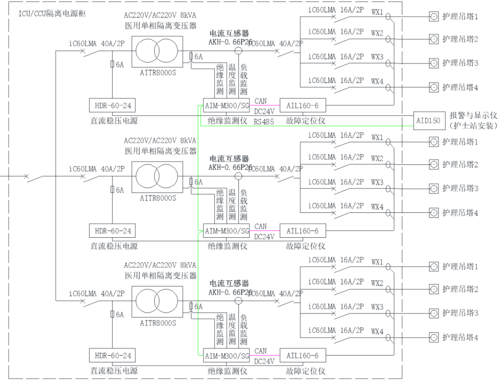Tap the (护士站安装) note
[x=473, y=125]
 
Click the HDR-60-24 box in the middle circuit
[x=113, y=230]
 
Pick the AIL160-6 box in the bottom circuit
[x=302, y=356]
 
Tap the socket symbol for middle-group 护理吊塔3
[x=433, y=188]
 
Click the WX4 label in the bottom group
[x=377, y=332]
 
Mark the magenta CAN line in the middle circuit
[x=265, y=230]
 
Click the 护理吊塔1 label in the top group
[x=460, y=17]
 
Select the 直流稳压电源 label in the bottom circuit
[x=113, y=371]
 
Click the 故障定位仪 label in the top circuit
[x=306, y=121]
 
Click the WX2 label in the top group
[x=377, y=33]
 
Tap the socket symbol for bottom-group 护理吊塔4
[x=433, y=337]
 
